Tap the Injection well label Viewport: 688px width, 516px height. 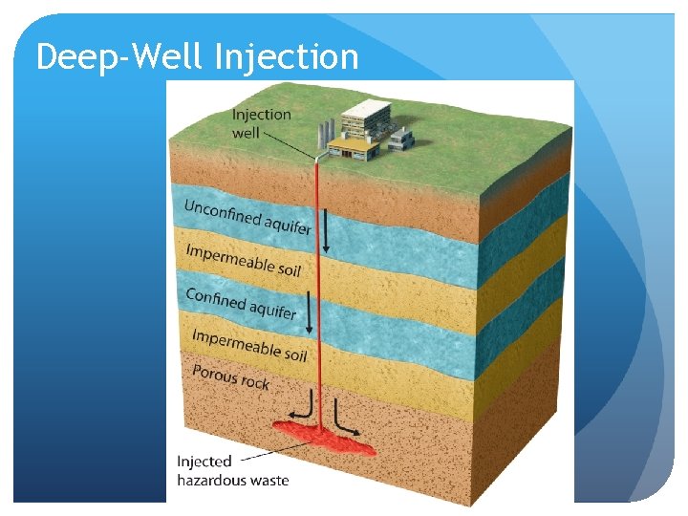(261, 123)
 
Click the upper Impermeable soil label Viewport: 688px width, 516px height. (244, 260)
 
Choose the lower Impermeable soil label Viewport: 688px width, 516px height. (249, 344)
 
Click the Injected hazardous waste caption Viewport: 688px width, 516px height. (232, 470)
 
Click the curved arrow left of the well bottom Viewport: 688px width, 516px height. (302, 407)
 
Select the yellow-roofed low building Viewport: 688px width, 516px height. (350, 145)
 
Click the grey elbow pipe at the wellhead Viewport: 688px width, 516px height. (315, 156)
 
